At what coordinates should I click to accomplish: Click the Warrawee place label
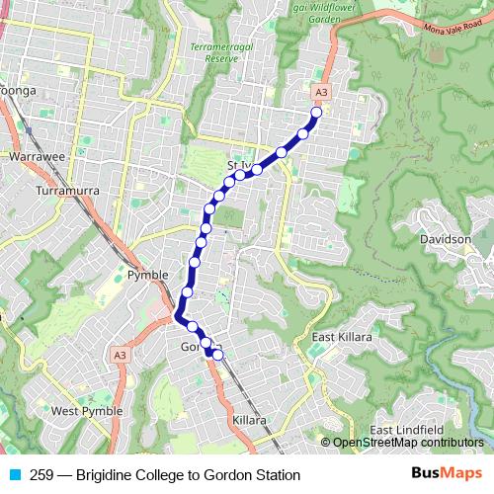coord(37,156)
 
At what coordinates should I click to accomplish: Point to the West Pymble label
coord(87,411)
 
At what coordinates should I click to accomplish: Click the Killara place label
coord(249,421)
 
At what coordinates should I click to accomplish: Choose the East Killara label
coord(342,338)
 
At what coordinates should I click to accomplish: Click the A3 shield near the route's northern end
coord(320,92)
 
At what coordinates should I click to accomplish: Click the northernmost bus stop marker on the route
coord(317,113)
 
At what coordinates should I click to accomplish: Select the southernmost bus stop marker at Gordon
coord(219,354)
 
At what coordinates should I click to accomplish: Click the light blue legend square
coord(13,475)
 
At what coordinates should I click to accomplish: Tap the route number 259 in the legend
coord(42,475)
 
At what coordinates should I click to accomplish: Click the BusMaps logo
coord(445,474)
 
